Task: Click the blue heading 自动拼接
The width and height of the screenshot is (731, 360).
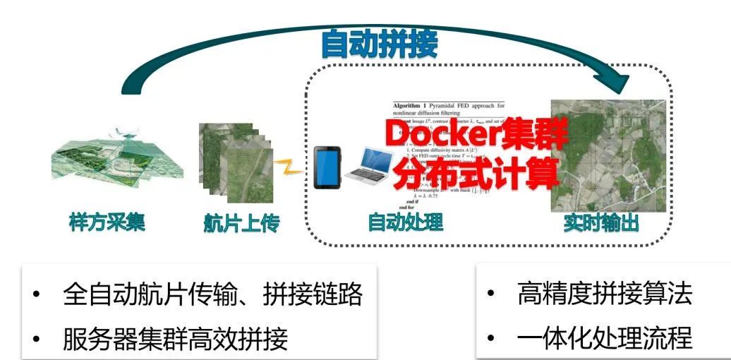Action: pos(379,44)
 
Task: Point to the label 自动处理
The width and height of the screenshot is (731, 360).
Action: pos(405,222)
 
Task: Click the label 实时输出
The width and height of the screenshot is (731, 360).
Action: pos(601,223)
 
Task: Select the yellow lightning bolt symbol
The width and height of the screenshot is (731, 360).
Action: pos(289,168)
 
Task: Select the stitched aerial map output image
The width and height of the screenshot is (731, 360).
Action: pos(608,155)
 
